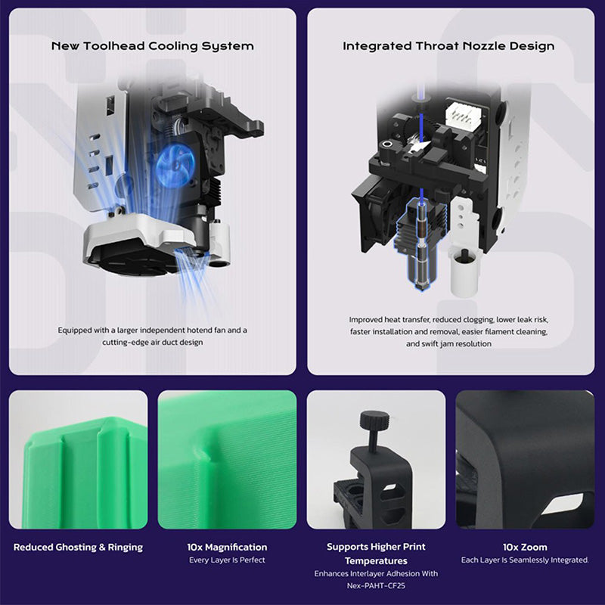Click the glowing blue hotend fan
click(x=175, y=166)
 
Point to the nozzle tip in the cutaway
click(x=421, y=287)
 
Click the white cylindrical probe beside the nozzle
click(x=464, y=272)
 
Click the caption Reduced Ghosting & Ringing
click(x=78, y=547)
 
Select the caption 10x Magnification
click(x=227, y=547)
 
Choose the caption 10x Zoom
click(x=525, y=547)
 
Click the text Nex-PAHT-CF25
click(x=376, y=585)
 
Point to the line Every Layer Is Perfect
click(x=227, y=560)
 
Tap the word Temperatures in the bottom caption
click(x=376, y=560)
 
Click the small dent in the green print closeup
click(x=203, y=452)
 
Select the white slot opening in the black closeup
click(x=563, y=504)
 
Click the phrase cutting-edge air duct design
click(x=153, y=343)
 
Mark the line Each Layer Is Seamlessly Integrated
click(x=525, y=560)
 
